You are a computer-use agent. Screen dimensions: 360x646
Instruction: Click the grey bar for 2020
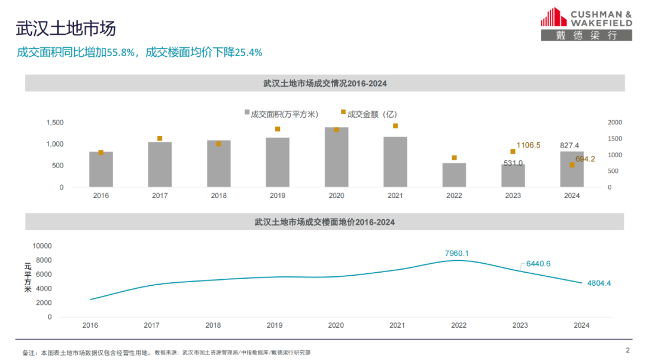point(336,157)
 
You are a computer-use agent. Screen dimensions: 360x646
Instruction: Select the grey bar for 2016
point(101,169)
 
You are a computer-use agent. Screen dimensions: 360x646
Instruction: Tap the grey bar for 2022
point(454,175)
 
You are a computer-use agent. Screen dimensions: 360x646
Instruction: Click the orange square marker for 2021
point(395,126)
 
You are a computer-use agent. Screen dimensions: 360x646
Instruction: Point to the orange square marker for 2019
point(278,129)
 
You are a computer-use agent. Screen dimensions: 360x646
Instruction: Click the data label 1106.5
point(529,145)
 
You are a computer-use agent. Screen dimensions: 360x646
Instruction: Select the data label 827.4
point(569,145)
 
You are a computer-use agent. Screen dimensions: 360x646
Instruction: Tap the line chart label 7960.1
point(457,254)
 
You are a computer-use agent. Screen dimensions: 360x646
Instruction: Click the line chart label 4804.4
point(599,283)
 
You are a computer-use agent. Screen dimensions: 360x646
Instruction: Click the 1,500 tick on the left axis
point(55,123)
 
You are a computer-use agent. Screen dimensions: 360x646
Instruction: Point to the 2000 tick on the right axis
point(615,123)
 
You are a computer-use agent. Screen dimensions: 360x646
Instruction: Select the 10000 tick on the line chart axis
point(42,246)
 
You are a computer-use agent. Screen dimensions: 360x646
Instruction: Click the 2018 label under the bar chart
point(218,196)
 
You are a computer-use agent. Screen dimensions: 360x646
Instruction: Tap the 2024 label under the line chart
point(581,325)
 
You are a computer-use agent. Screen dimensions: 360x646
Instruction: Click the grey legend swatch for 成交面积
point(246,112)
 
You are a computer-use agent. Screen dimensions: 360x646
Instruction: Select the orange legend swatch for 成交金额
point(343,112)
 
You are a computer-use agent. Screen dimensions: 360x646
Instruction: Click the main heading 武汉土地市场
point(66,29)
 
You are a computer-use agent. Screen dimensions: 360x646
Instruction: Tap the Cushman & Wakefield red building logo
point(553,17)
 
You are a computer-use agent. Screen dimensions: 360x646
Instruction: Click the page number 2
point(627,350)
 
